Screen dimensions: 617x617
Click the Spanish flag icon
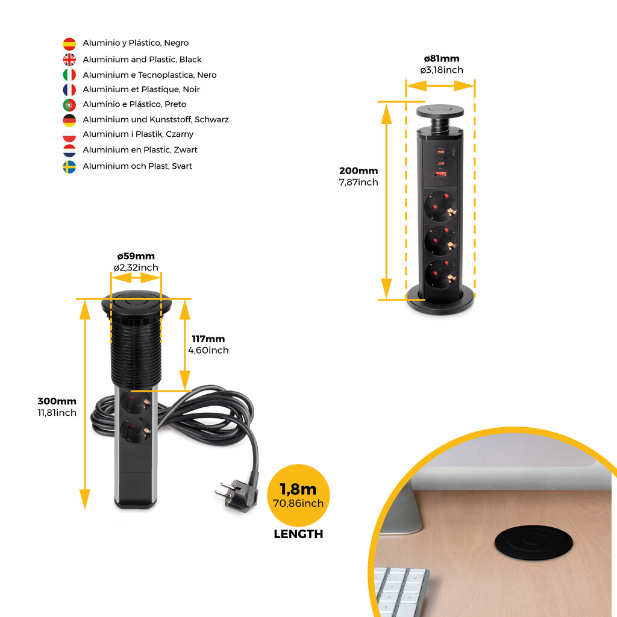pos(69,43)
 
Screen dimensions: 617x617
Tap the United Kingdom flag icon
pos(69,60)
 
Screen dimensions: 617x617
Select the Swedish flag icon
pos(69,167)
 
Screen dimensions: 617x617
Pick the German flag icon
pos(69,121)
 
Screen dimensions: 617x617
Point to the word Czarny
pos(180,134)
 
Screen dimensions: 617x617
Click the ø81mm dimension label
pos(442,58)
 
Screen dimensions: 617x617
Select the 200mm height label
pos(359,171)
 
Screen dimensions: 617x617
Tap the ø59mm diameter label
pos(136,256)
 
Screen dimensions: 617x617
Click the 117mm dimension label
pos(208,339)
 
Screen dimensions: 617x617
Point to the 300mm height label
pos(57,401)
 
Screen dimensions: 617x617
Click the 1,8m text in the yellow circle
pos(298,489)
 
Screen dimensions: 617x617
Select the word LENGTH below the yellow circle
pos(298,534)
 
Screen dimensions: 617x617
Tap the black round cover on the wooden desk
pos(534,542)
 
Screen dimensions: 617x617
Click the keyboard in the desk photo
pos(399,590)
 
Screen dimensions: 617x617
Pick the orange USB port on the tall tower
pos(440,174)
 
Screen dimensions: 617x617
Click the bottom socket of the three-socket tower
pos(440,275)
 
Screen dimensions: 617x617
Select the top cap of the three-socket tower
pos(440,111)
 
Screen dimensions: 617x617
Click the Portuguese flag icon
pos(69,105)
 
